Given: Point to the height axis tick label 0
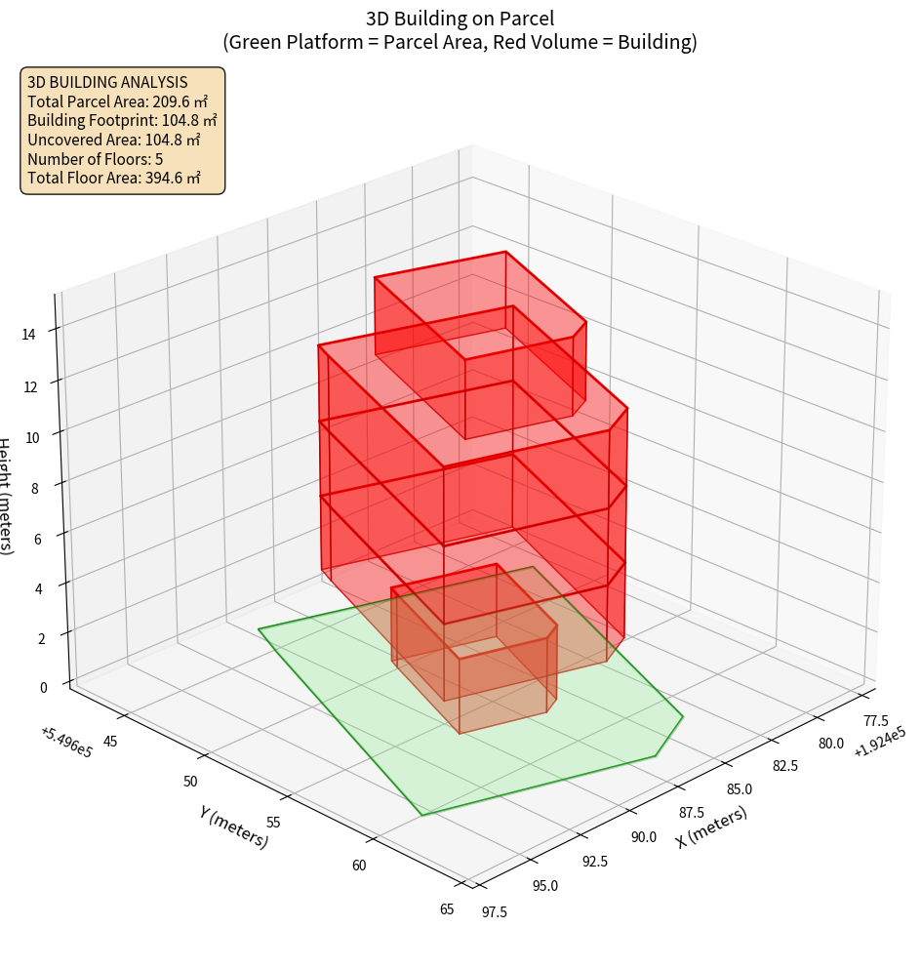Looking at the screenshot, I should pos(43,687).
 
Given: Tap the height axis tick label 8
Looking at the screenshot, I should pos(35,488).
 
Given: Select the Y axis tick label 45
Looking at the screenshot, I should pos(110,742).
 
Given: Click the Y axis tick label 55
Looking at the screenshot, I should pos(274,823).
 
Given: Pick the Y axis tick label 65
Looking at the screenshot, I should pos(447,909).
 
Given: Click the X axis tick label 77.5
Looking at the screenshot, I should pos(876,721).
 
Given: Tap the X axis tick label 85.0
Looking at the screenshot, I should pos(740,788).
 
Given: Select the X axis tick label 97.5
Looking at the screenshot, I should pos(494,911).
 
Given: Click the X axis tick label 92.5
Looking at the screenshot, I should pos(594,861).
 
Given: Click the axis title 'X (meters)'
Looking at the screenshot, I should pos(711,827).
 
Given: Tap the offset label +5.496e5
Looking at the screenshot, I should pos(66,743).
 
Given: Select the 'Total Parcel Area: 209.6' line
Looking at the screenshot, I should pos(118,101).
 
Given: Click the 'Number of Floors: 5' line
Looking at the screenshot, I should pos(96,159).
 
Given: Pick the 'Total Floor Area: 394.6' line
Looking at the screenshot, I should pos(114,179).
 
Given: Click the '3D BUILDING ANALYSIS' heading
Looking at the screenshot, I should pos(107,83).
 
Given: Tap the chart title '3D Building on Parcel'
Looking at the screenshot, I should pos(460,19).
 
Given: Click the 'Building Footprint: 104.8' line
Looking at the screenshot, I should pos(122,121).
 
